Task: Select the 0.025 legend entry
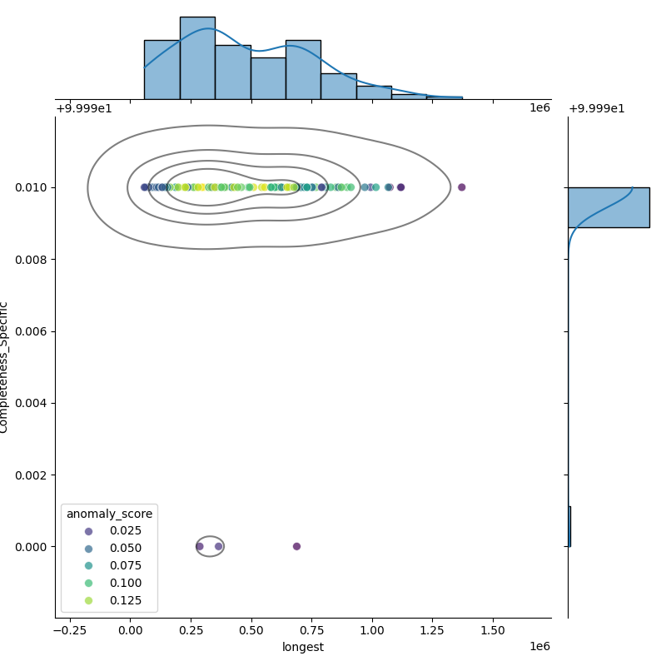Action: tap(120, 530)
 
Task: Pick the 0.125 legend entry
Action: tap(120, 600)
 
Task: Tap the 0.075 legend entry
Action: tap(120, 565)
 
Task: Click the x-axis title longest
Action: tap(303, 647)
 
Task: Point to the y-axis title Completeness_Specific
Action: tap(5, 367)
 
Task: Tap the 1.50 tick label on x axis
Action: tap(493, 630)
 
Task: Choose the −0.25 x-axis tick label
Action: tap(70, 630)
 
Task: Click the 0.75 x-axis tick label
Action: tap(311, 630)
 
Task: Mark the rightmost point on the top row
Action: tap(461, 187)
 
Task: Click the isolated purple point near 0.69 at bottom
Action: tap(296, 546)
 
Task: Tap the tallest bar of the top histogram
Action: tap(197, 58)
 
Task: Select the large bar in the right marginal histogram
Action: tap(608, 207)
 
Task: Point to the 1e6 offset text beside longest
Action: tap(539, 647)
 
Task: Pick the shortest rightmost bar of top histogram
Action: tap(444, 97)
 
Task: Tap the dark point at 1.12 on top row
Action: tap(400, 187)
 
